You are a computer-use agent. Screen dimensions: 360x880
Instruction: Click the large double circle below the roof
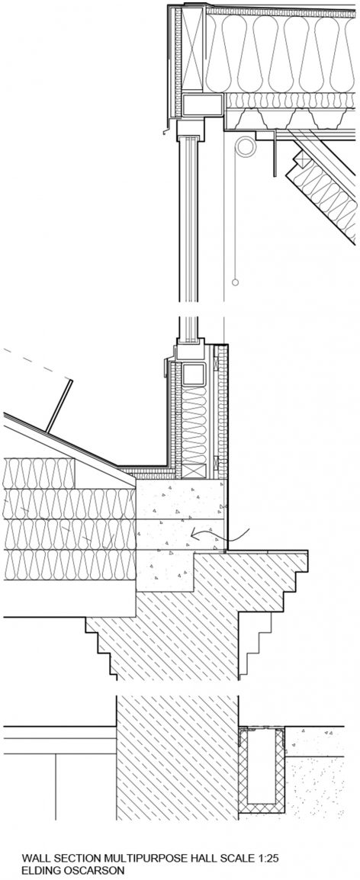[x=246, y=146]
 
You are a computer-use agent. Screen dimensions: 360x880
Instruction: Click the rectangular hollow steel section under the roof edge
[x=203, y=105]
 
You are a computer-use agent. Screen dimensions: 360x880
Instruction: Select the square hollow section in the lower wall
[x=193, y=374]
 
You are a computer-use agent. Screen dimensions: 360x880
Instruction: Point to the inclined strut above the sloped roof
[x=59, y=402]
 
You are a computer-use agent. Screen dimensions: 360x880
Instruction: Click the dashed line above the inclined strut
[x=37, y=364]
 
